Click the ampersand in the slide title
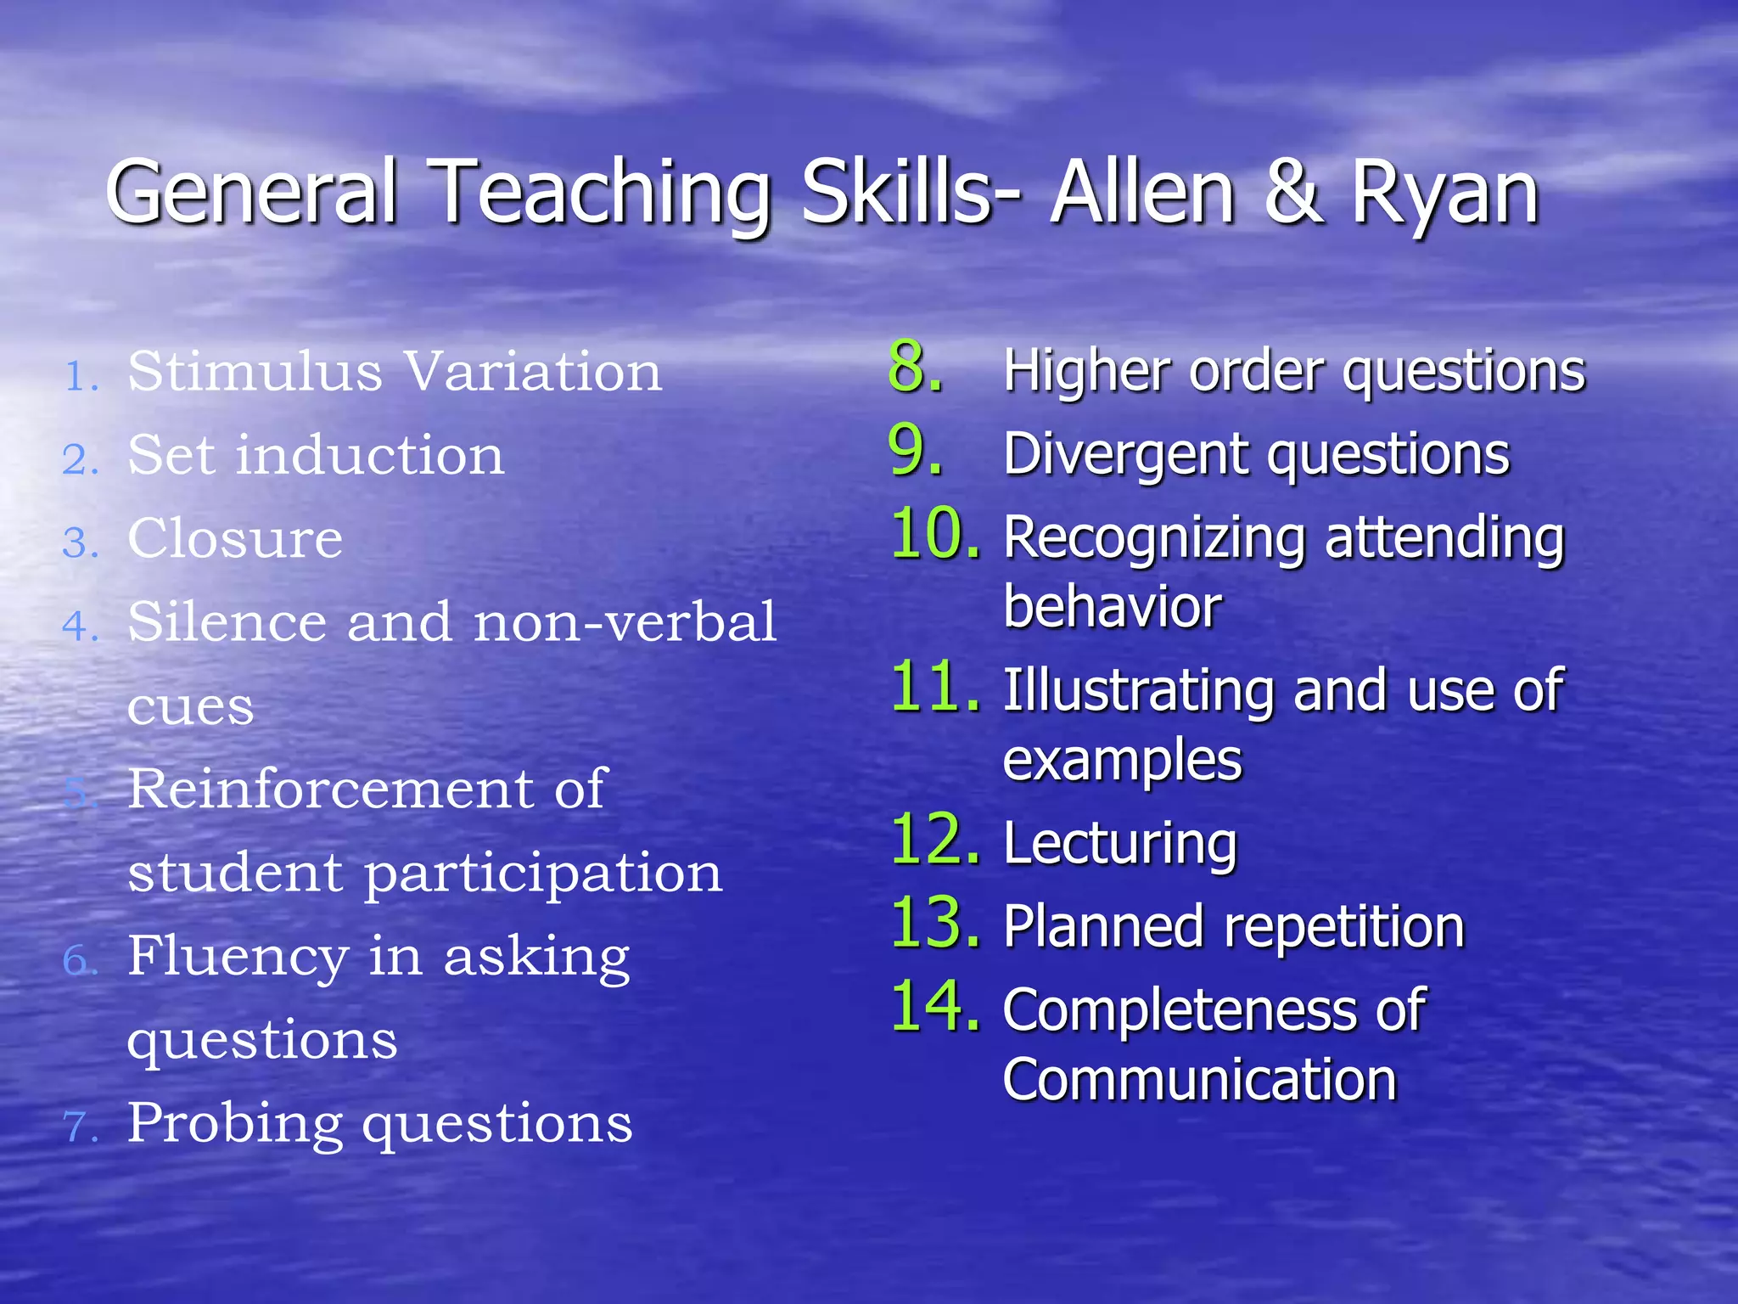tap(1292, 194)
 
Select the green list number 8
tap(915, 368)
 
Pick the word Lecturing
tap(1120, 845)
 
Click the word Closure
tap(235, 539)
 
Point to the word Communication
tap(1199, 1080)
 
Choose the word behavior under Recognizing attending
tap(1112, 608)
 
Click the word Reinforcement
tap(330, 790)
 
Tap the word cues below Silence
tap(190, 707)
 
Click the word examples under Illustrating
tap(1122, 761)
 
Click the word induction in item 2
tap(370, 456)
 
